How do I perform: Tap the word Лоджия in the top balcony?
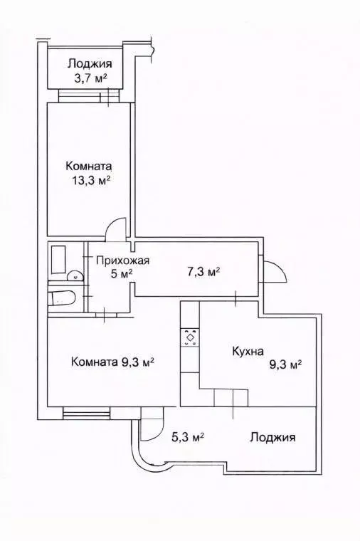coord(90,63)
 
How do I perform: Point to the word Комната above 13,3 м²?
coord(88,165)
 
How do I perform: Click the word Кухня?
coord(248,351)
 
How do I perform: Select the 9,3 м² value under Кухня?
coord(285,364)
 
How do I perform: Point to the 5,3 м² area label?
coord(189,437)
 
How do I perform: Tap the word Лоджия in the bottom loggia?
coord(272,437)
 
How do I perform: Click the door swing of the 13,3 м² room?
coord(115,227)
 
